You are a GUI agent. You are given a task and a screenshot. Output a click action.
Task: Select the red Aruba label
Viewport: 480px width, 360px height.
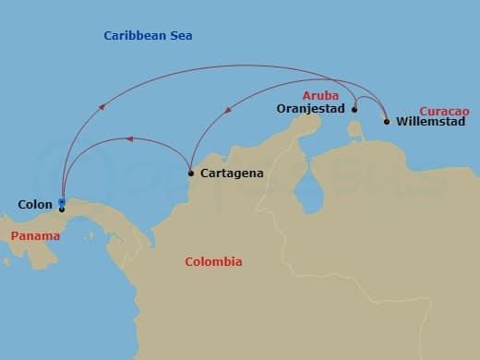[x=320, y=95]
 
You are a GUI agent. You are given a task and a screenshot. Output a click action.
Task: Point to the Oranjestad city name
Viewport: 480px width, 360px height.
[x=311, y=108]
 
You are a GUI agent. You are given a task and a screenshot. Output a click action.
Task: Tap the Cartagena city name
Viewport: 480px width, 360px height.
[x=231, y=173]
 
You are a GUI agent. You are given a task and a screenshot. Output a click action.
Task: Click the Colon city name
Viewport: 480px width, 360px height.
[x=34, y=204]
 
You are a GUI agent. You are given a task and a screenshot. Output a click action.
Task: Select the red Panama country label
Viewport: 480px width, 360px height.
[x=35, y=236]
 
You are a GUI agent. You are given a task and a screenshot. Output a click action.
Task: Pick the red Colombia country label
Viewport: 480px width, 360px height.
[x=213, y=261]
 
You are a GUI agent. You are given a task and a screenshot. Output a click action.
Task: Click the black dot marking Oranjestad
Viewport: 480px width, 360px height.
[x=355, y=109]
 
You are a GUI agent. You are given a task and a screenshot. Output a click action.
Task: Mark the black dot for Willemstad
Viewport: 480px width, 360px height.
[x=386, y=121]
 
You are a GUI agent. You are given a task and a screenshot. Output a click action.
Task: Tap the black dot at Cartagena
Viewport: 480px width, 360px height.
[x=190, y=173]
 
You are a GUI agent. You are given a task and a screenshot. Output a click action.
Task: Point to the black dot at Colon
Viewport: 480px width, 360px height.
[x=61, y=210]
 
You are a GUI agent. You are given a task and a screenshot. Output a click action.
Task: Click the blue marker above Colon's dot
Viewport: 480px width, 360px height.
[x=61, y=201]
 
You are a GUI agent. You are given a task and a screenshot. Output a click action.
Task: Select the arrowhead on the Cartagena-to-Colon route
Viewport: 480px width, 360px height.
[x=130, y=139]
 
